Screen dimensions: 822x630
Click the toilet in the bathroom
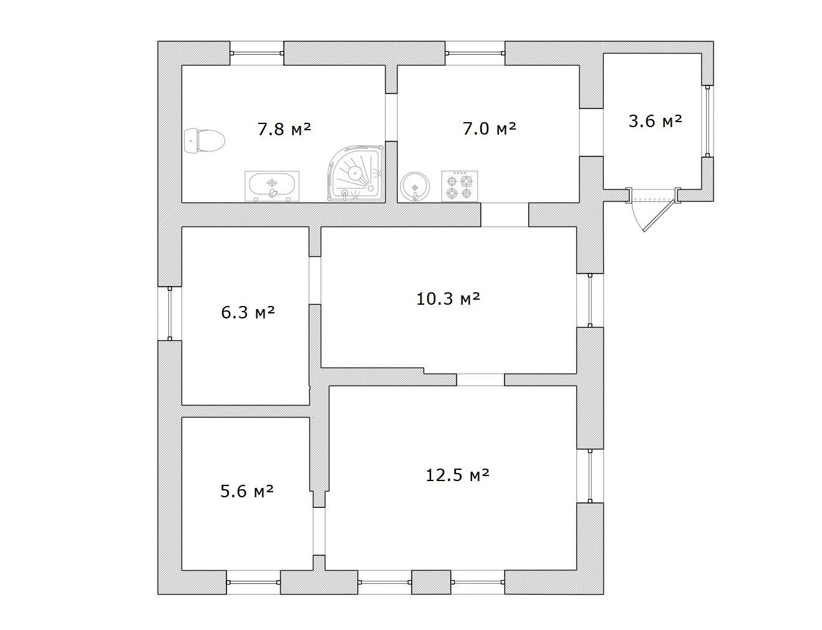[205, 141]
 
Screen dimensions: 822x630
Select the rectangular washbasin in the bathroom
[272, 186]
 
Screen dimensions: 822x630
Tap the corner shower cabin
[355, 173]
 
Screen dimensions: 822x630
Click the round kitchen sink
[415, 187]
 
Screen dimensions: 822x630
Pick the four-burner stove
[460, 186]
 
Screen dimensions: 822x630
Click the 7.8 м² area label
[284, 129]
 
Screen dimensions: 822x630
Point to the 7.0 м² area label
[489, 128]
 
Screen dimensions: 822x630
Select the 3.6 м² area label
[655, 121]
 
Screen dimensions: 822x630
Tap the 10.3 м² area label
[448, 298]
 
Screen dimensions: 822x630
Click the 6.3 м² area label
[248, 313]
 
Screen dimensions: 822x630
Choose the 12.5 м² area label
[457, 475]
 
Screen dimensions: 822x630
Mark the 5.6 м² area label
[246, 491]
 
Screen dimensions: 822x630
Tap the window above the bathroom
[257, 54]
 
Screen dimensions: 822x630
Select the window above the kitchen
[475, 54]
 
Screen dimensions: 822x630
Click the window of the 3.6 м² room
[707, 121]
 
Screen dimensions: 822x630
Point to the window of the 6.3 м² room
[170, 313]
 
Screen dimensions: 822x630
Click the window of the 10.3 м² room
[590, 300]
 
